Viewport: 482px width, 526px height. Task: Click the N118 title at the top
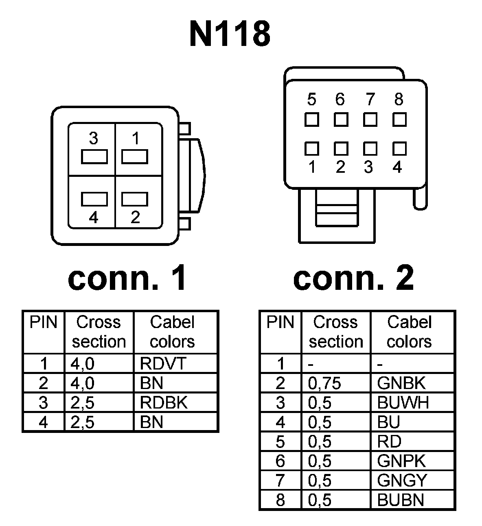pyautogui.click(x=230, y=34)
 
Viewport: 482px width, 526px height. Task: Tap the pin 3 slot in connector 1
pyautogui.click(x=94, y=156)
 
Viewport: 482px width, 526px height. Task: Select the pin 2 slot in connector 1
pyautogui.click(x=135, y=199)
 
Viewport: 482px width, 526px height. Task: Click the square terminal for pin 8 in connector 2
pyautogui.click(x=399, y=120)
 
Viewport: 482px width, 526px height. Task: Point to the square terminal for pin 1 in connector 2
pyautogui.click(x=312, y=149)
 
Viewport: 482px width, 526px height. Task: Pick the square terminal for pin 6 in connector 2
pyautogui.click(x=341, y=120)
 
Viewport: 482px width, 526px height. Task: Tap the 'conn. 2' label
pyautogui.click(x=353, y=278)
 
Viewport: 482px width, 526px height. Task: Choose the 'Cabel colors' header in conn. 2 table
pyautogui.click(x=409, y=332)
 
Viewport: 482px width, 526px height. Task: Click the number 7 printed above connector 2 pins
pyautogui.click(x=370, y=99)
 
